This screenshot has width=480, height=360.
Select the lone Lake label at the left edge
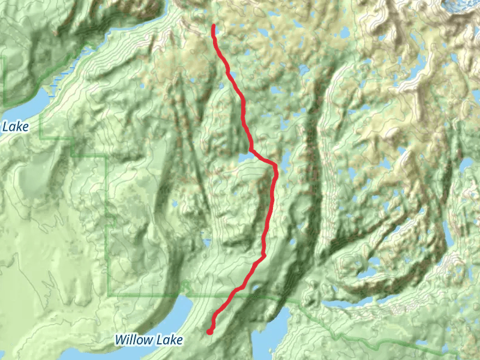pyautogui.click(x=16, y=127)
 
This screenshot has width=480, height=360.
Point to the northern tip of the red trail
pyautogui.click(x=214, y=26)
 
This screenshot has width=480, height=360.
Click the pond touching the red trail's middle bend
pyautogui.click(x=245, y=157)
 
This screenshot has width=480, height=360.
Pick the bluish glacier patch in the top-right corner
pyautogui.click(x=462, y=6)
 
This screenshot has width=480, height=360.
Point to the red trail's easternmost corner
pyautogui.click(x=276, y=165)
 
